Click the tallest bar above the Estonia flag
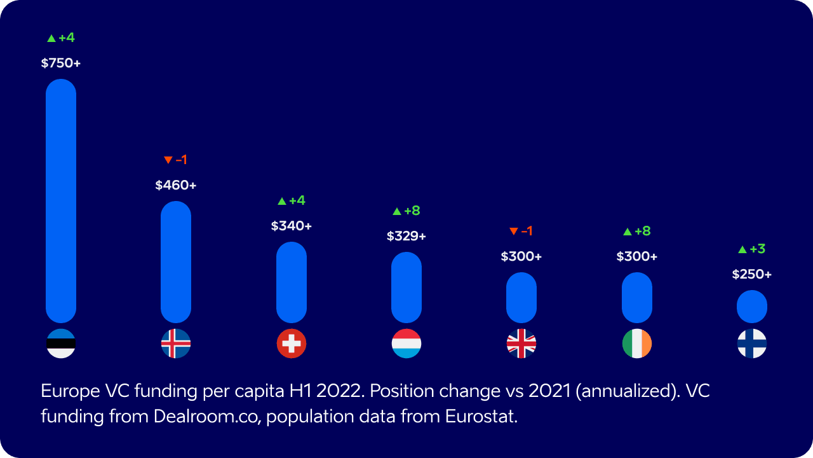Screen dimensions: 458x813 [x=61, y=200]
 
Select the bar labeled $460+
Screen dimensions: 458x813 [x=176, y=261]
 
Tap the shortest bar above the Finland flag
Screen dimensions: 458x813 [x=752, y=307]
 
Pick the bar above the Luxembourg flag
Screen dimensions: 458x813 [x=406, y=288]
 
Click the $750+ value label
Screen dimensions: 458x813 [x=61, y=63]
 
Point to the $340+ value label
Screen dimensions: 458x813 [x=292, y=226]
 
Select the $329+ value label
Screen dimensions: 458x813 [x=406, y=236]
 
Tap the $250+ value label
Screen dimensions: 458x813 [x=752, y=274]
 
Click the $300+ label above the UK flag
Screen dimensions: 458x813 [x=521, y=256]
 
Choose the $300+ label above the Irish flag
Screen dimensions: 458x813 [x=637, y=256]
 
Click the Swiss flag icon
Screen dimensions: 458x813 [x=292, y=343]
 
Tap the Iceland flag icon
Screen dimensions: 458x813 [x=176, y=343]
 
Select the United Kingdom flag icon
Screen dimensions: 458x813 [x=521, y=343]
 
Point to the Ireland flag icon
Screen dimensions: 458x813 [x=637, y=343]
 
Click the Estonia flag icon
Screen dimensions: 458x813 [x=61, y=343]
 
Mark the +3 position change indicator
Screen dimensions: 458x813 [x=752, y=249]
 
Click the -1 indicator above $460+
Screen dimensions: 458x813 [x=176, y=160]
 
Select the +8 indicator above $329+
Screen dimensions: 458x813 [x=406, y=211]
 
